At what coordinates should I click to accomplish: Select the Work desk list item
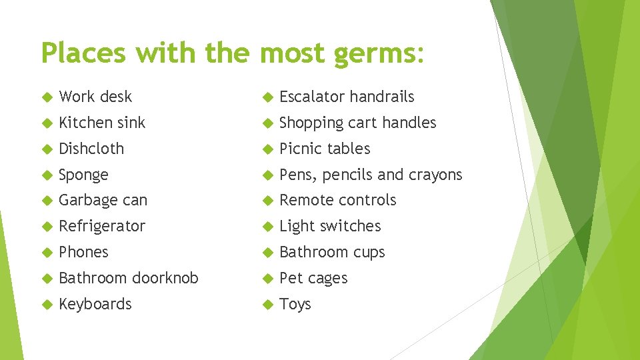click(x=95, y=97)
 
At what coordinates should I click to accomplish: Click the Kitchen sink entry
click(x=102, y=123)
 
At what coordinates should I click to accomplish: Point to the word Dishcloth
click(x=91, y=149)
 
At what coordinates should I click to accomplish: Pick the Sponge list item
click(x=83, y=175)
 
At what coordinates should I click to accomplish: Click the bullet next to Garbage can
click(x=46, y=201)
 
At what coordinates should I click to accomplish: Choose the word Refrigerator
click(x=102, y=226)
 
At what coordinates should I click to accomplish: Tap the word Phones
click(x=83, y=252)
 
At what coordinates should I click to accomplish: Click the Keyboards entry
click(x=95, y=304)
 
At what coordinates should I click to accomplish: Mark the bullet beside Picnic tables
click(x=267, y=149)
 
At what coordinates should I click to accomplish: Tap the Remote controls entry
click(x=338, y=200)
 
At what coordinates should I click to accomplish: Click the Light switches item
click(x=330, y=226)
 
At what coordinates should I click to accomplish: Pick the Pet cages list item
click(x=313, y=278)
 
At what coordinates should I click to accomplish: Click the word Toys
click(x=295, y=304)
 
